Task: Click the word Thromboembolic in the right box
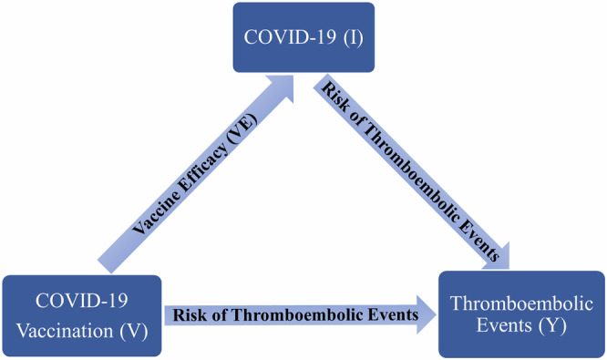coord(517,298)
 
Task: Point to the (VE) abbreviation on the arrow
coord(238,129)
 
